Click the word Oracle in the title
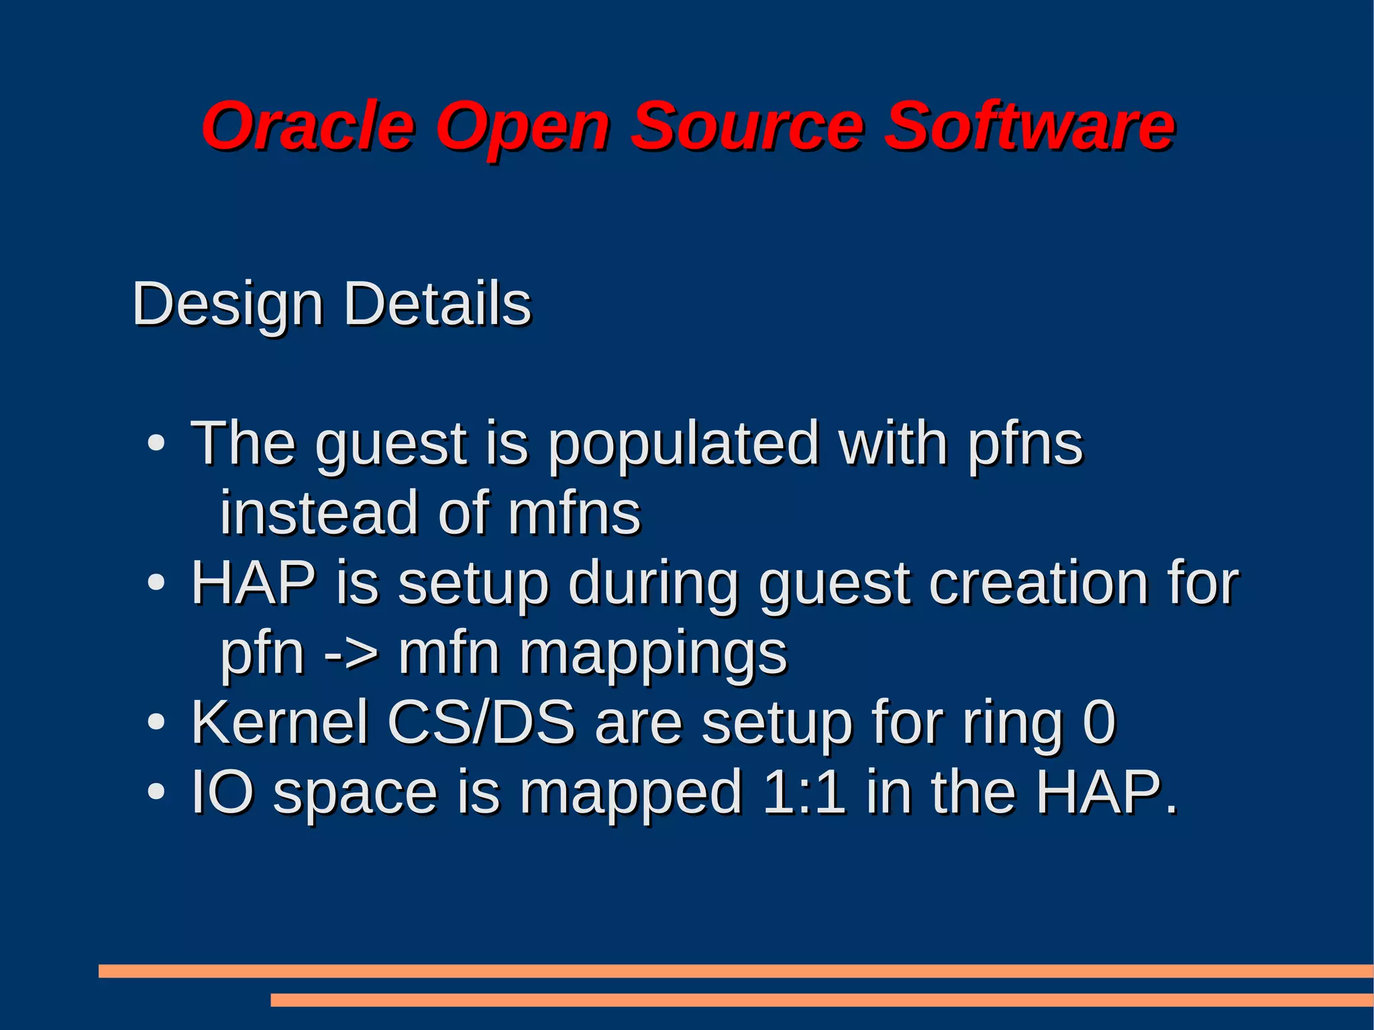[308, 126]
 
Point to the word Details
[437, 304]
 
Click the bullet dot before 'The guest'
[156, 444]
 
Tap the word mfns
[574, 513]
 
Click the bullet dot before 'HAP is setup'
[156, 582]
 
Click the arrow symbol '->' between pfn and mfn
[351, 654]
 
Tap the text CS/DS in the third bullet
[481, 723]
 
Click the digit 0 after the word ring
[1099, 723]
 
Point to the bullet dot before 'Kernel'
[156, 723]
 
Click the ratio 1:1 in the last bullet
[804, 792]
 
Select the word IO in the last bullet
[223, 792]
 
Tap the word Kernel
[280, 723]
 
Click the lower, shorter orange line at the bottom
[821, 1000]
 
